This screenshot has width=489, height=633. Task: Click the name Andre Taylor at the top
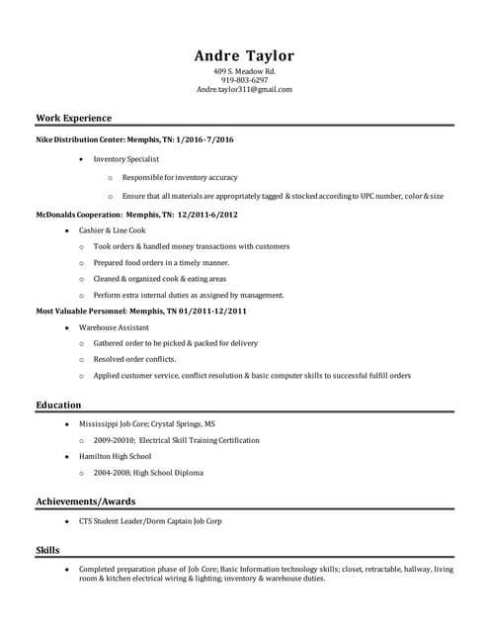tap(244, 55)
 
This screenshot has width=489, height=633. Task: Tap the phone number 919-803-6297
tap(244, 80)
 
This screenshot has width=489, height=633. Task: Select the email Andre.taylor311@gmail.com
tap(244, 89)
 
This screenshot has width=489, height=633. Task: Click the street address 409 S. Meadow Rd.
tap(244, 72)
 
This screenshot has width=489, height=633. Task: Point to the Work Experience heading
tap(73, 118)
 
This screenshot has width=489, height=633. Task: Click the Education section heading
tap(58, 405)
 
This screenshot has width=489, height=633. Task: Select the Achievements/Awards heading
tap(85, 501)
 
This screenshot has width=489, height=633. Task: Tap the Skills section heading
tap(47, 549)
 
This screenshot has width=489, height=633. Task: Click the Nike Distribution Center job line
tap(134, 140)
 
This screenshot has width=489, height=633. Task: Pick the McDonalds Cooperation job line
tap(136, 214)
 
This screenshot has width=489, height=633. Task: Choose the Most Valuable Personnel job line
tap(141, 311)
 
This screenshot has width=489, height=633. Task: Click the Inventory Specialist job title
tap(126, 159)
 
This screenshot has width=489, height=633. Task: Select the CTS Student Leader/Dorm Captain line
tap(150, 520)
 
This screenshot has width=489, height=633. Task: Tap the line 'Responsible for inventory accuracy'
tap(180, 177)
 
